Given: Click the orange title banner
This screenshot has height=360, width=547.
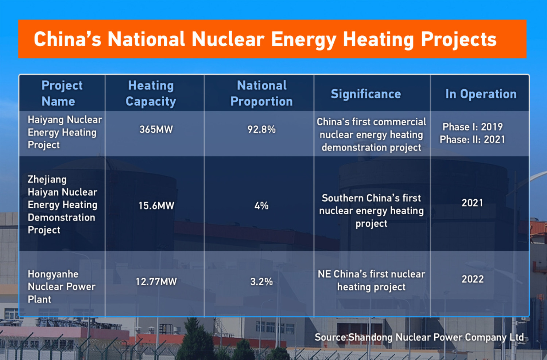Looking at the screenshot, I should (x=272, y=39).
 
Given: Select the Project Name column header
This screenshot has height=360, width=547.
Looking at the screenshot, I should (x=62, y=93).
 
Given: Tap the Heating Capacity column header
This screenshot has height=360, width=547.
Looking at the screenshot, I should (x=151, y=93).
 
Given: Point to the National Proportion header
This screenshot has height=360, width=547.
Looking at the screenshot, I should (x=261, y=93).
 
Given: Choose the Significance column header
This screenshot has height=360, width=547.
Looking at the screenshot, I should (x=366, y=94).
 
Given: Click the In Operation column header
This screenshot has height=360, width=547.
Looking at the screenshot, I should (x=481, y=94).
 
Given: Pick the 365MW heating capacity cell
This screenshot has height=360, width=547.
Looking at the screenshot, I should (x=156, y=129).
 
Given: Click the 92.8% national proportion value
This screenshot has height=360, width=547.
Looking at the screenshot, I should (x=261, y=129).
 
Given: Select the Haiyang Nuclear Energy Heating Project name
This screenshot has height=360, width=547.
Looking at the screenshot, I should (x=64, y=132).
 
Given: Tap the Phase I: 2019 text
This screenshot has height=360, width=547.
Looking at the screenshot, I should (x=473, y=127).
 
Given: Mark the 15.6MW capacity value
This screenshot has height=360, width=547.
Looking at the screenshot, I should (x=156, y=206).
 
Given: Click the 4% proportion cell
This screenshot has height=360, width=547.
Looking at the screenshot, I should (x=261, y=206).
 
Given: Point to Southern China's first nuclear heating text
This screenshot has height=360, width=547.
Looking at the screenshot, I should (x=371, y=211).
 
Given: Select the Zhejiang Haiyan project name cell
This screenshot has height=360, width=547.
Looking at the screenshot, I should (x=62, y=204).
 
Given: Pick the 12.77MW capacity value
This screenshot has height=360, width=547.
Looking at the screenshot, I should (x=156, y=282).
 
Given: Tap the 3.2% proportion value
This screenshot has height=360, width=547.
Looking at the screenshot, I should (x=261, y=282).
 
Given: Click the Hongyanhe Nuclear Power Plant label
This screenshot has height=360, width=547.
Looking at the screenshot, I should (x=61, y=287).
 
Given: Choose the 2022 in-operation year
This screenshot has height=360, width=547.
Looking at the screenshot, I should (x=473, y=279).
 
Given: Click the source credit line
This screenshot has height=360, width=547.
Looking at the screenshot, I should (x=419, y=337).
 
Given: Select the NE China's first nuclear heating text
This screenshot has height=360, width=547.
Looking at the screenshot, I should (x=371, y=280).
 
